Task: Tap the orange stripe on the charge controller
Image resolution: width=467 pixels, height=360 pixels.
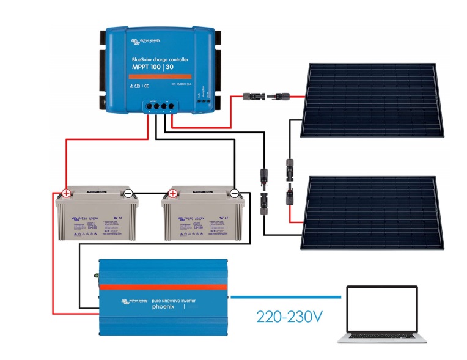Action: (x=160, y=76)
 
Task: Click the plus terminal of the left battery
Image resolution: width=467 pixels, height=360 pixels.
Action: (x=66, y=194)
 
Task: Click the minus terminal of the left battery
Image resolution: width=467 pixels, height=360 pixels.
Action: (x=128, y=194)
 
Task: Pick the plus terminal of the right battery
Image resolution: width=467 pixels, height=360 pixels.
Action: (x=173, y=194)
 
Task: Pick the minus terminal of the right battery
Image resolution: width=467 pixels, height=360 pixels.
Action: (x=235, y=194)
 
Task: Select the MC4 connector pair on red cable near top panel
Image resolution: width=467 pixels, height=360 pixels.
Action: (x=268, y=96)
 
